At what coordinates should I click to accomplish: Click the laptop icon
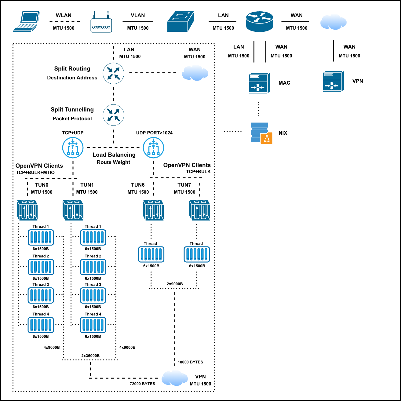pyautogui.click(x=26, y=22)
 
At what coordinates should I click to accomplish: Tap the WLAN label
pyautogui.click(x=64, y=15)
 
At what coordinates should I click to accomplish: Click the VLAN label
pyautogui.click(x=138, y=15)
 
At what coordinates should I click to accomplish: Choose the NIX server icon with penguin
pyautogui.click(x=261, y=133)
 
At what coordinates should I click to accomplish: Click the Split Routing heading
pyautogui.click(x=72, y=69)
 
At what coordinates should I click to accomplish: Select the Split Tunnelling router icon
pyautogui.click(x=114, y=115)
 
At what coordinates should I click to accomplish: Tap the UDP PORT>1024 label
pyautogui.click(x=154, y=133)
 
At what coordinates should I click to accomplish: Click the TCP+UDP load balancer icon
pyautogui.click(x=73, y=148)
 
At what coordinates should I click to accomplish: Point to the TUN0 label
pyautogui.click(x=42, y=185)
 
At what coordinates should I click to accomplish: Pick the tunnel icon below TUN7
pyautogui.click(x=200, y=210)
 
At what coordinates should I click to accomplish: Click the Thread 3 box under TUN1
pyautogui.click(x=93, y=295)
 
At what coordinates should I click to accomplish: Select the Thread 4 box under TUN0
pyautogui.click(x=41, y=325)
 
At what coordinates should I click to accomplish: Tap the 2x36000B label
pyautogui.click(x=90, y=355)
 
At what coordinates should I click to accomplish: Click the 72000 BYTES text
pyautogui.click(x=142, y=384)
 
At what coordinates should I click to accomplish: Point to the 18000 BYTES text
pyautogui.click(x=190, y=362)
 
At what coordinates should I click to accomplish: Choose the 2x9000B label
pyautogui.click(x=175, y=284)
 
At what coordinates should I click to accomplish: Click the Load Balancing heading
pyautogui.click(x=114, y=155)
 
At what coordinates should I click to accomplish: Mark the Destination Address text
pyautogui.click(x=72, y=78)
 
